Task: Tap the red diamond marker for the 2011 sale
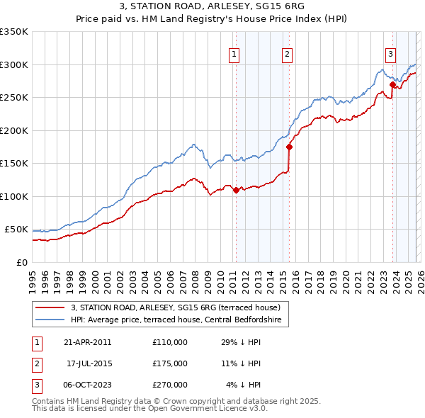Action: click(x=236, y=190)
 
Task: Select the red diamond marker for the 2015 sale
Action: click(x=289, y=147)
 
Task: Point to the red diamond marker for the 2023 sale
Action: click(x=392, y=84)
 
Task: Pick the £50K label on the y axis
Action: click(x=16, y=230)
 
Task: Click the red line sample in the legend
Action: click(x=50, y=307)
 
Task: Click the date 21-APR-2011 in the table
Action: click(x=87, y=342)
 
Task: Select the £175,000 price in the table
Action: click(x=169, y=363)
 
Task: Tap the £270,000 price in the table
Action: click(x=169, y=385)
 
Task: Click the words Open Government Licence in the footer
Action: click(x=208, y=409)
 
